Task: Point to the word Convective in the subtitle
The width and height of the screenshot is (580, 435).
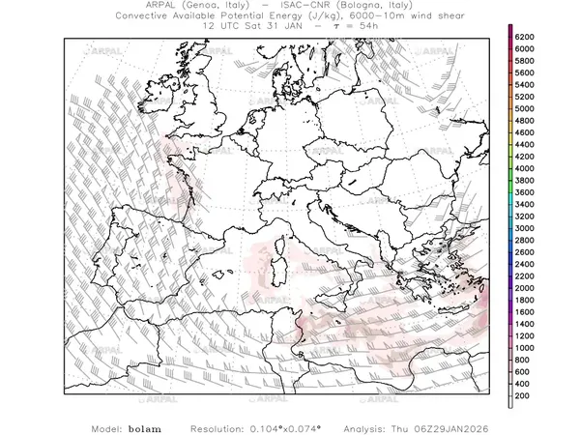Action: (x=154, y=17)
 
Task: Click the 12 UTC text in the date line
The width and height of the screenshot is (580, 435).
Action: (x=224, y=28)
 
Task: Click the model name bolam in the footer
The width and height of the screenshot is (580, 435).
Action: (x=145, y=426)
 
